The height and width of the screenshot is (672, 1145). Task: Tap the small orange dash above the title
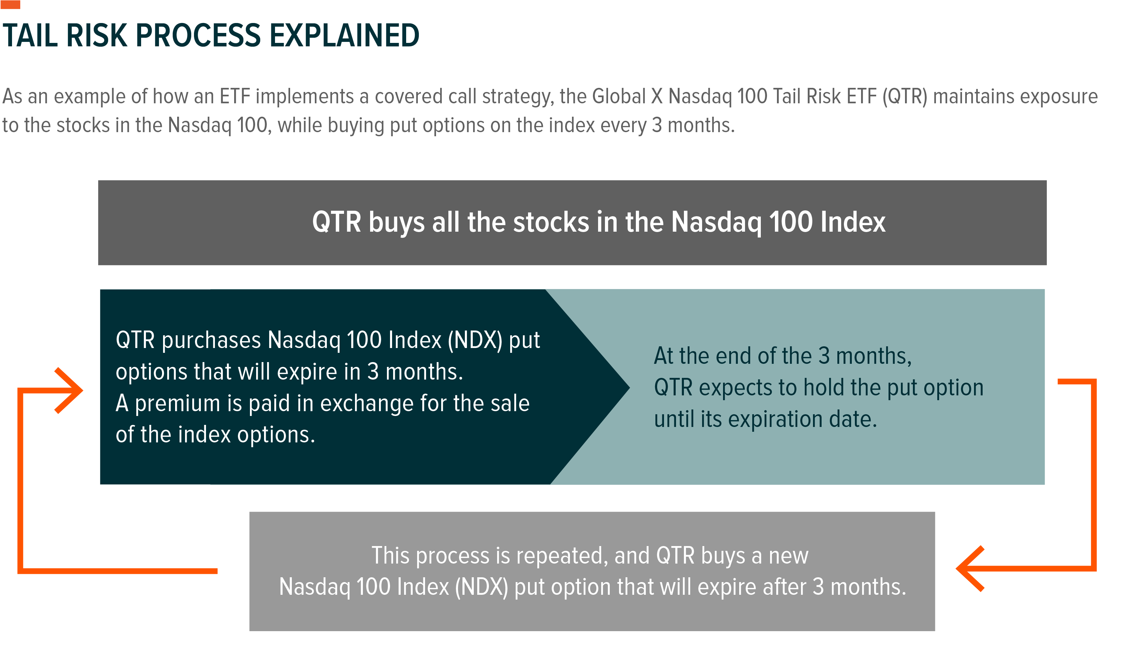pyautogui.click(x=10, y=4)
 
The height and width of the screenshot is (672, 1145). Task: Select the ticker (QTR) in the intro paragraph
pyautogui.click(x=905, y=97)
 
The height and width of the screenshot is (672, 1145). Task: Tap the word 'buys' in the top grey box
pyautogui.click(x=396, y=222)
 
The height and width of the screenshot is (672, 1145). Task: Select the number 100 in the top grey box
pyautogui.click(x=791, y=222)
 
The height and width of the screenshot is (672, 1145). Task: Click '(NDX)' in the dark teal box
pyautogui.click(x=475, y=340)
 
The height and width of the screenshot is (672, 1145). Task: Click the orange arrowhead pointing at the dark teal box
pyautogui.click(x=69, y=391)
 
